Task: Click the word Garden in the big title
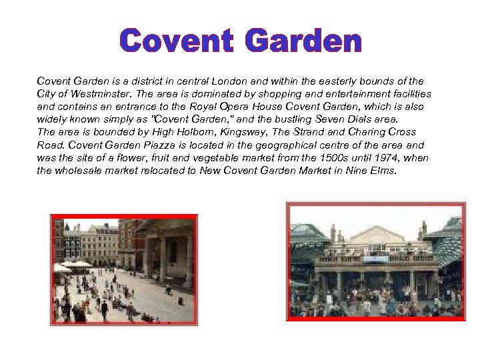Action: coord(303,41)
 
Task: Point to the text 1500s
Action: coord(331,158)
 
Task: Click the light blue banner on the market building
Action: coord(377,259)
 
